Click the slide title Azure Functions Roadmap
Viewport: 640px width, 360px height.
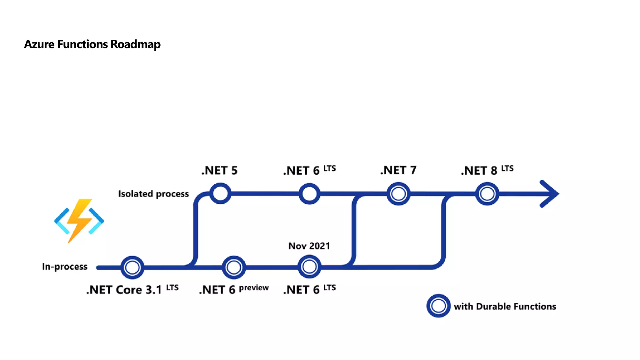(92, 44)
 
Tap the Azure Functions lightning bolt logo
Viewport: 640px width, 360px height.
(79, 221)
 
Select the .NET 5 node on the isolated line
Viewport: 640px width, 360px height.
(220, 193)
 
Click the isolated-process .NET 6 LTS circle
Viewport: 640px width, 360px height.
(309, 194)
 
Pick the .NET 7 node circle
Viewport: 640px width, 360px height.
(398, 194)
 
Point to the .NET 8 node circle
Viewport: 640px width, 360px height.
(487, 194)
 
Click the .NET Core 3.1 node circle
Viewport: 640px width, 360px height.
(132, 267)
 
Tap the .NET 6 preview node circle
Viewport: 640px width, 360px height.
(234, 267)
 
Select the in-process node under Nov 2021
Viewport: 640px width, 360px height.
(309, 267)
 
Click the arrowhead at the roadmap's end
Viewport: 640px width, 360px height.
(550, 194)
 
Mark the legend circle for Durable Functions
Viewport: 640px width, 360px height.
(438, 306)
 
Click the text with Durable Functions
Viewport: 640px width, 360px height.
(505, 306)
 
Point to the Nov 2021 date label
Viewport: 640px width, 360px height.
(309, 246)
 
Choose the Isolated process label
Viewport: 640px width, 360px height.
(153, 194)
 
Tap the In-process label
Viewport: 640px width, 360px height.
(65, 267)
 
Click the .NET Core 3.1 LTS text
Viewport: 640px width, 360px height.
(132, 290)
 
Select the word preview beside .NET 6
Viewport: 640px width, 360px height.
(254, 288)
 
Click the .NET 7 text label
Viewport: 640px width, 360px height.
(398, 170)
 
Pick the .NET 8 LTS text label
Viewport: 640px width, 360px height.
(487, 170)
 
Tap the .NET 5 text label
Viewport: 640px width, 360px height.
(219, 171)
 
